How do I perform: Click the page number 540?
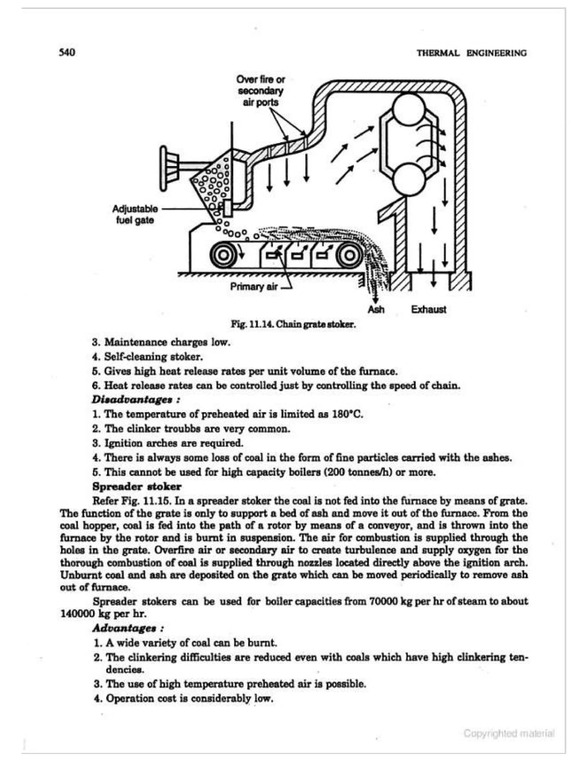point(67,53)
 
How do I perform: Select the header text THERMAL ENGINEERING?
point(472,53)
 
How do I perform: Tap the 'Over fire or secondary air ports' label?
point(261,91)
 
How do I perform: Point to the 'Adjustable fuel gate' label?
point(135,214)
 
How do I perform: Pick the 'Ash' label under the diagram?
point(376,309)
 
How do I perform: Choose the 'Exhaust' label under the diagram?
point(428,309)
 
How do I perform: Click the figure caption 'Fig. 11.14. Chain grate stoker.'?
point(293,325)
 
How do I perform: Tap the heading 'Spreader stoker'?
point(137,486)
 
